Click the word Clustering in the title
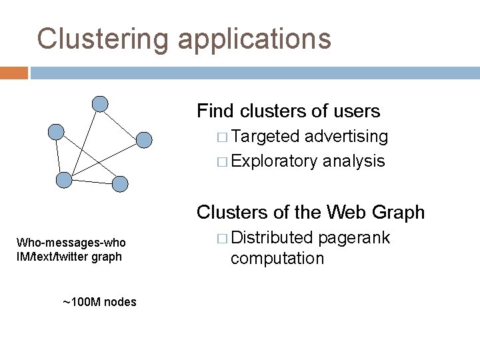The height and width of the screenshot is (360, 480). tap(103, 39)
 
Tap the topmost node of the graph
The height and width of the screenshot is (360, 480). tap(99, 103)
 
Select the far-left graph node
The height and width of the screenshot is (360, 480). tap(57, 131)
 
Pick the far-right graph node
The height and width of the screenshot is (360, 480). tap(145, 139)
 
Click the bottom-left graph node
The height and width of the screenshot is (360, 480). tap(64, 179)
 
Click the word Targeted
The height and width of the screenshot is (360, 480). tap(266, 137)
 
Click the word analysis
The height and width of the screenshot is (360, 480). tap(354, 161)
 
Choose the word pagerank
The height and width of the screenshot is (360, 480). tap(355, 238)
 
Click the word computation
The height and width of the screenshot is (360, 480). tap(277, 258)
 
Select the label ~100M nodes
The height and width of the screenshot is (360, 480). tap(99, 302)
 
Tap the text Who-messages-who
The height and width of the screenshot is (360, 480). tap(71, 243)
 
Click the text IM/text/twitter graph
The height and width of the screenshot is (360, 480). tap(69, 256)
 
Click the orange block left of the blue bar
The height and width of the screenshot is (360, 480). tap(14, 73)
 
